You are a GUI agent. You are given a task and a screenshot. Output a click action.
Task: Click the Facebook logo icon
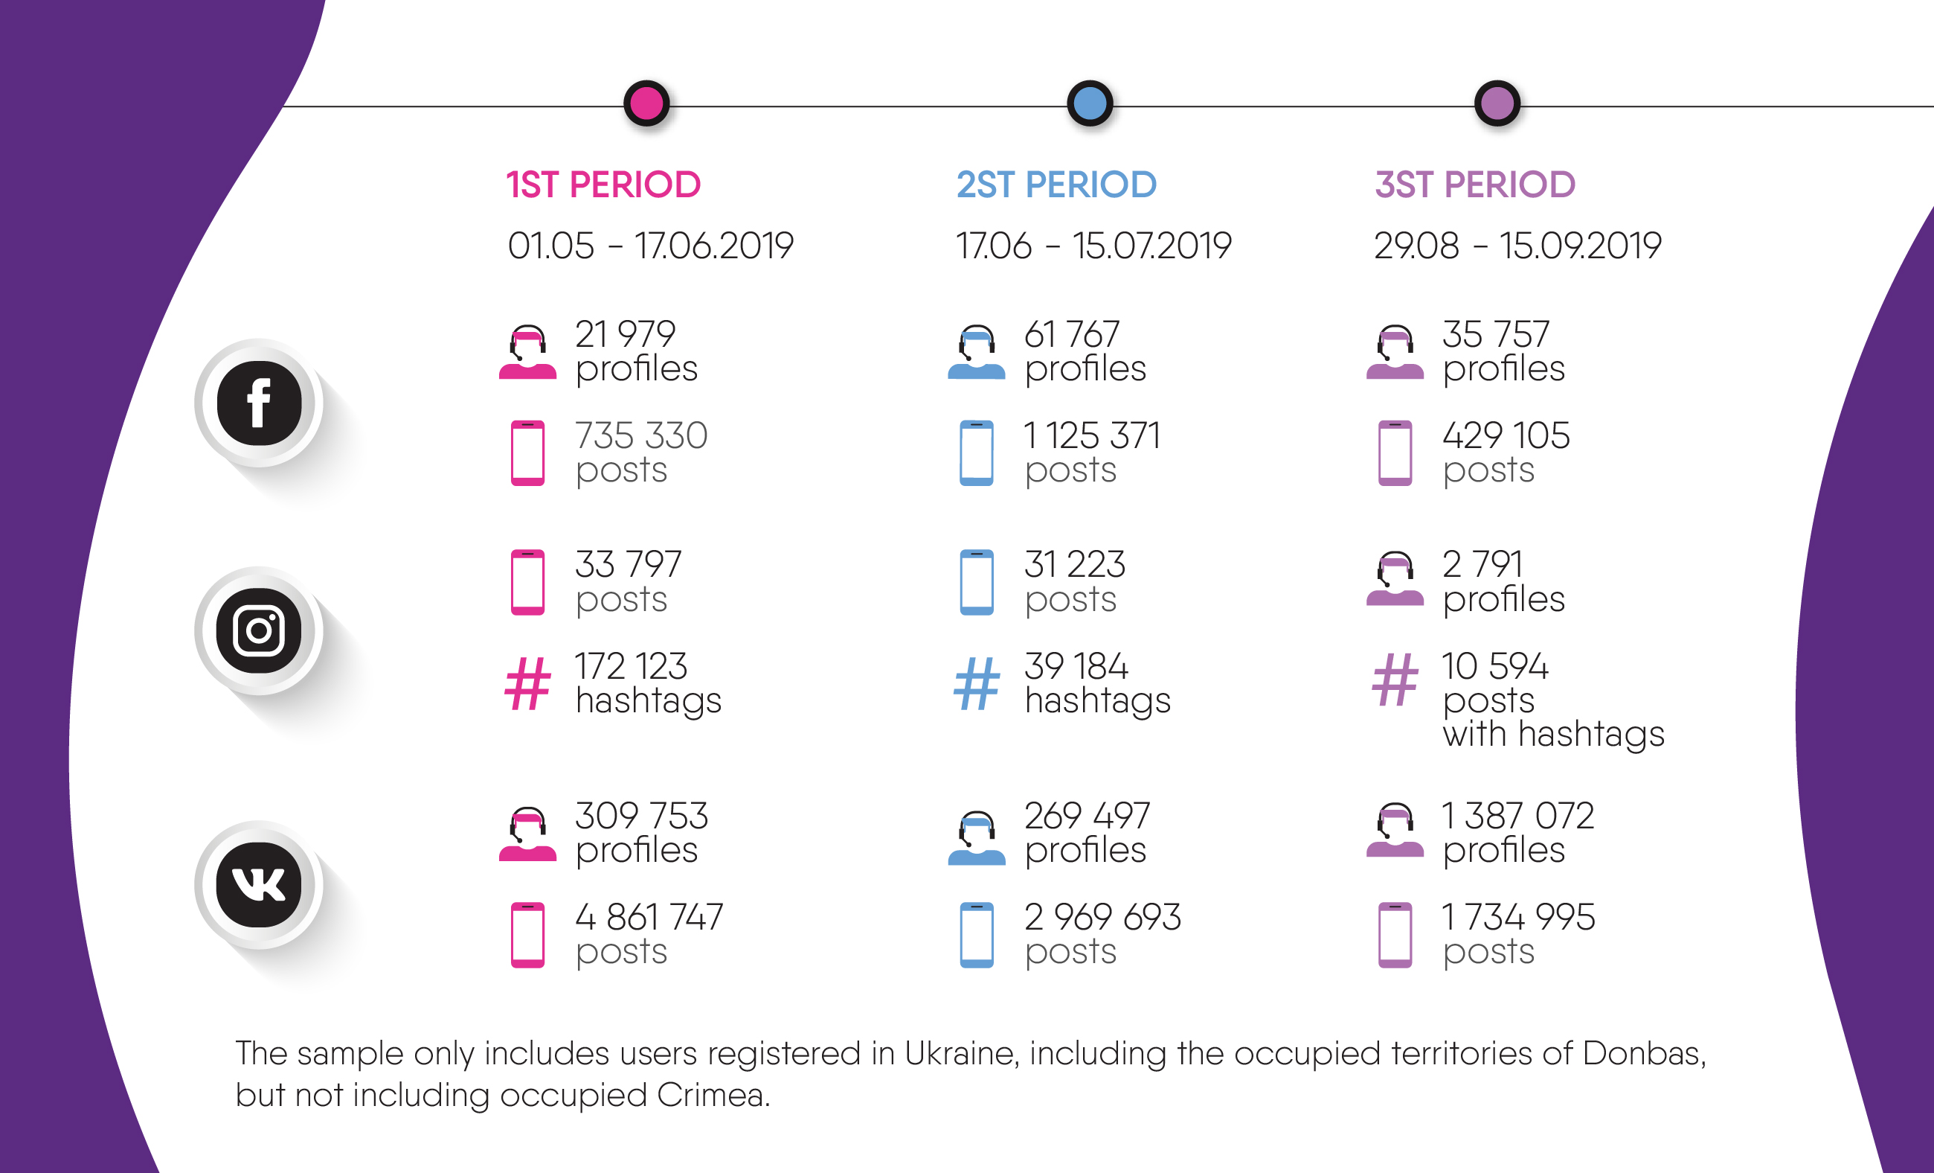click(259, 403)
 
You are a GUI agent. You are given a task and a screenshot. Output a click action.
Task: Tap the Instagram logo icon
click(259, 630)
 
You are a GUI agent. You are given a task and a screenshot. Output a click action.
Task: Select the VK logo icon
click(259, 885)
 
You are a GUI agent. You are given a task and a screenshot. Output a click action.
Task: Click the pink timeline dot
click(646, 103)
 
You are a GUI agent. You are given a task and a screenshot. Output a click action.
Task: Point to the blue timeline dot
click(1090, 103)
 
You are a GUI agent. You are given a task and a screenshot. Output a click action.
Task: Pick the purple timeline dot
click(1497, 103)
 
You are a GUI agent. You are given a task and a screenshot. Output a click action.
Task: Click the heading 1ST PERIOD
click(603, 185)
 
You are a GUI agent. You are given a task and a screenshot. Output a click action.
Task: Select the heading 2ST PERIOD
click(1056, 185)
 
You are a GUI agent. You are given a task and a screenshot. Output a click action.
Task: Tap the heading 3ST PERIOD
click(1475, 185)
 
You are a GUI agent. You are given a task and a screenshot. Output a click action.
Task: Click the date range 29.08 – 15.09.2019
click(1517, 246)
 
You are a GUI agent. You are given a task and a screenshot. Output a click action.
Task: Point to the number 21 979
click(625, 334)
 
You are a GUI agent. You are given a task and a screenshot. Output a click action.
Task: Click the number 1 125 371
click(1092, 435)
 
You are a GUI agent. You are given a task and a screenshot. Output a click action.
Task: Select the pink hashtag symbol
click(527, 683)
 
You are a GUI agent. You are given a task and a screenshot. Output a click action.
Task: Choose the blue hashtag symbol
click(977, 683)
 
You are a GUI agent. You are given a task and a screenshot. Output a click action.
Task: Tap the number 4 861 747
click(649, 917)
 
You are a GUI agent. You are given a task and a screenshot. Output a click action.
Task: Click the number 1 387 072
click(1518, 816)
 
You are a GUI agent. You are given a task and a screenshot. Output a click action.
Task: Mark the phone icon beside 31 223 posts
click(977, 582)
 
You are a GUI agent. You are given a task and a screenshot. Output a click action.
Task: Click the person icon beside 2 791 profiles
click(1395, 581)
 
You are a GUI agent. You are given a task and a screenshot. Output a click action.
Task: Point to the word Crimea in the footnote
click(713, 1096)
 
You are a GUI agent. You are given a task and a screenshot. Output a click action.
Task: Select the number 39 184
click(1076, 667)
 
